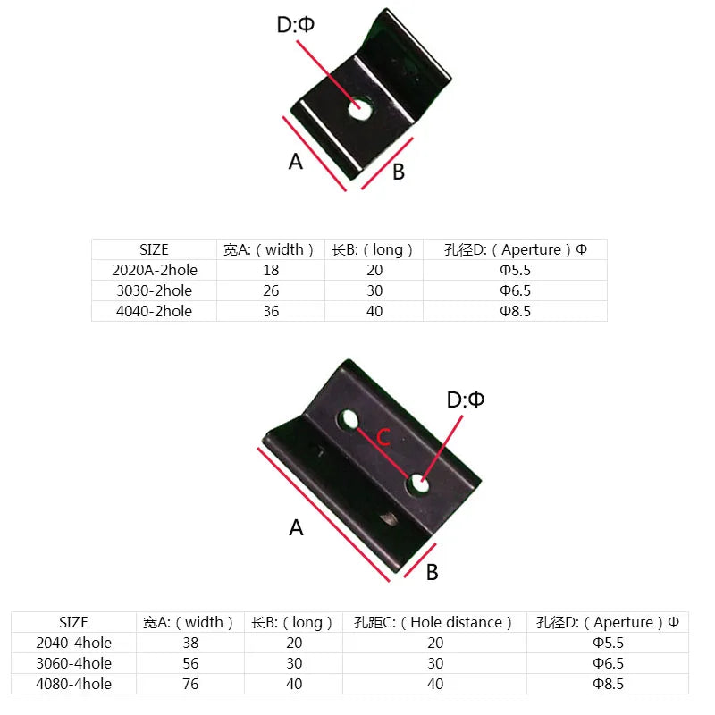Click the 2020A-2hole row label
click(x=155, y=270)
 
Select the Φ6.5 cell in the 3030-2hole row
click(x=515, y=290)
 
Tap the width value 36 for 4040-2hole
click(x=271, y=311)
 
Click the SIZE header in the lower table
click(x=73, y=622)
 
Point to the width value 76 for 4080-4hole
click(x=190, y=684)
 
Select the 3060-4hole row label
click(x=73, y=663)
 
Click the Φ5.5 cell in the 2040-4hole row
click(x=608, y=643)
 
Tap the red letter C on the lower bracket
click(x=382, y=438)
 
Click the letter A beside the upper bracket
click(x=296, y=162)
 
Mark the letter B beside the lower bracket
click(x=432, y=573)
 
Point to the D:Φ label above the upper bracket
click(x=295, y=25)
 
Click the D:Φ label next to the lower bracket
click(x=466, y=400)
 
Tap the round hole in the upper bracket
click(x=359, y=109)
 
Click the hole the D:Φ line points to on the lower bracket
click(x=417, y=485)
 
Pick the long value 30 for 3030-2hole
click(x=374, y=290)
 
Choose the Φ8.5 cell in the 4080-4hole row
click(x=608, y=684)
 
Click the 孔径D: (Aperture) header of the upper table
click(x=515, y=249)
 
